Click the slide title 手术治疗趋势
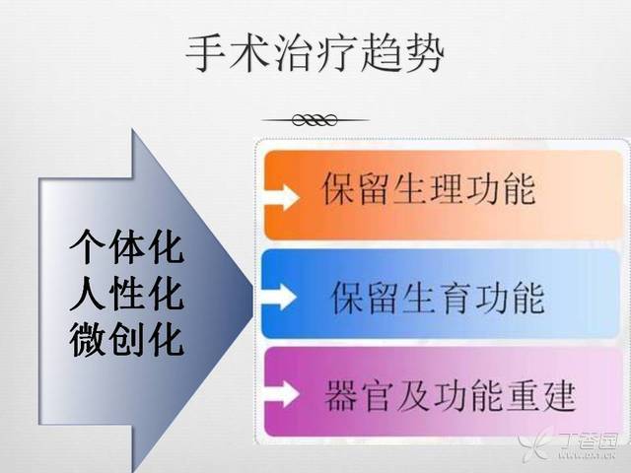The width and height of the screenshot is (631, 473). tap(315, 54)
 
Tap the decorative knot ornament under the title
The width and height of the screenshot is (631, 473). tap(315, 119)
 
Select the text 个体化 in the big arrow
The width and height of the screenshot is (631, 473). tap(127, 246)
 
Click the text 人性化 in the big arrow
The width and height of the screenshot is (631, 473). tap(127, 294)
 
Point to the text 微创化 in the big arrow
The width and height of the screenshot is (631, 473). tap(127, 340)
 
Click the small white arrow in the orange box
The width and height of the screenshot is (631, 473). tap(282, 197)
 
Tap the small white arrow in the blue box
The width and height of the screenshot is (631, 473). tap(279, 297)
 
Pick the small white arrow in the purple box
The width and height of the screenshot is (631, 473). tap(282, 394)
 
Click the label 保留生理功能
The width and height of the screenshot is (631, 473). tap(429, 189)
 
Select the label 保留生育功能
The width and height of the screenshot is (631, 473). tap(438, 298)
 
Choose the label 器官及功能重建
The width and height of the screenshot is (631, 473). tap(450, 395)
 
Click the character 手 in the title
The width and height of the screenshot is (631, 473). tap(206, 54)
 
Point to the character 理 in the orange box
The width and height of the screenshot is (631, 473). tap(447, 189)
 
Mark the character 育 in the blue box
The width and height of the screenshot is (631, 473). tap(456, 298)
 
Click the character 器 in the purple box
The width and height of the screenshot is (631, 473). tap(341, 395)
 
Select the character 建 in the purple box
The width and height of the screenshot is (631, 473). tap(559, 395)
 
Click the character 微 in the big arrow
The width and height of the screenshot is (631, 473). tap(88, 340)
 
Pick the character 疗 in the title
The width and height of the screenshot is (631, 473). tap(336, 54)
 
